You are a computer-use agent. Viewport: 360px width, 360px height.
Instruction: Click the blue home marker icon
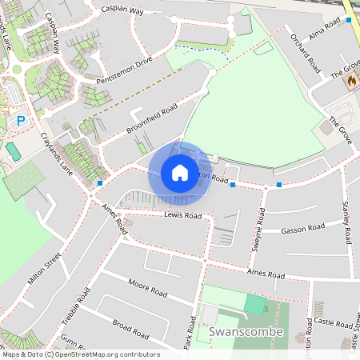(179, 172)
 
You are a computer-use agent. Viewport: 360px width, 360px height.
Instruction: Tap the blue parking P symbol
(22, 120)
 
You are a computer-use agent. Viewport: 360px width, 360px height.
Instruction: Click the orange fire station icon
(350, 80)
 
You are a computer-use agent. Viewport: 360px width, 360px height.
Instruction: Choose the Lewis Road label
(183, 216)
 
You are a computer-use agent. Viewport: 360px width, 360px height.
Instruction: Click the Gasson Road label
(303, 230)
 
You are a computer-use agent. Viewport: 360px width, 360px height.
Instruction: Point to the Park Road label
(190, 332)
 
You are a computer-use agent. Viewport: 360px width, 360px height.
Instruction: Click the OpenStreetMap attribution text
(80, 354)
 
